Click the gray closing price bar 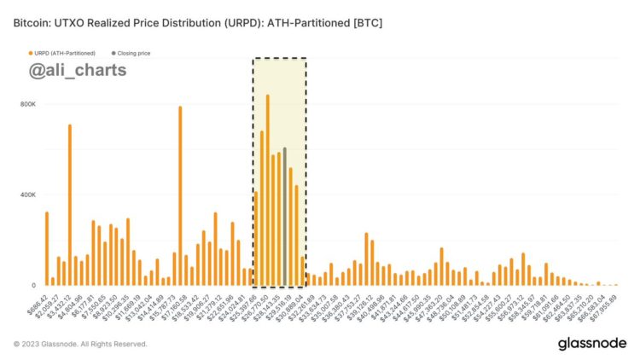(285, 217)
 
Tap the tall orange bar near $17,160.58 (180, 195)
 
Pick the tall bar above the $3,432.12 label (70, 205)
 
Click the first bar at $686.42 (47, 248)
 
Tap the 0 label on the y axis (33, 285)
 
